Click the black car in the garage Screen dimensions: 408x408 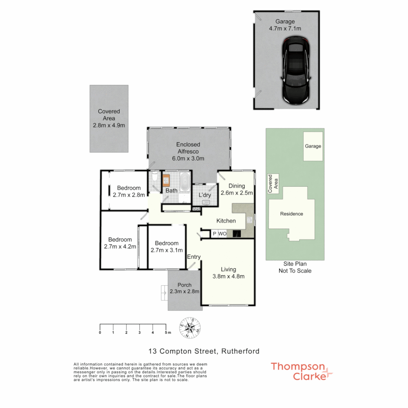296,72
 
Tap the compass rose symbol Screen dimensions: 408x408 190,328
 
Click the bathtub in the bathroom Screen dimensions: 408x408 185,182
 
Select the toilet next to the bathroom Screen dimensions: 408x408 154,178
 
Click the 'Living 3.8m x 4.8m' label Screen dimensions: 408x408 229,273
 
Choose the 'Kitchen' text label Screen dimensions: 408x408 226,221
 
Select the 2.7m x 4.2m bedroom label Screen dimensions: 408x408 120,243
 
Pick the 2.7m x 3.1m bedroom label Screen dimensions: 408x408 167,246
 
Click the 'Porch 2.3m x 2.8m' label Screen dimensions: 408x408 184,288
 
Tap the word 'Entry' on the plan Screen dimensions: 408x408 194,257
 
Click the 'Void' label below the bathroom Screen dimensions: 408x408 196,209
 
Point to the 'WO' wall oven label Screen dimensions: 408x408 222,234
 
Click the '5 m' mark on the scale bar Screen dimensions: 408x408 167,332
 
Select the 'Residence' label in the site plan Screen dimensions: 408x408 291,214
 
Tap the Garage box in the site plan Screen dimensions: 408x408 313,146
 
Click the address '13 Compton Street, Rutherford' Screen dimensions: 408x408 204,351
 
